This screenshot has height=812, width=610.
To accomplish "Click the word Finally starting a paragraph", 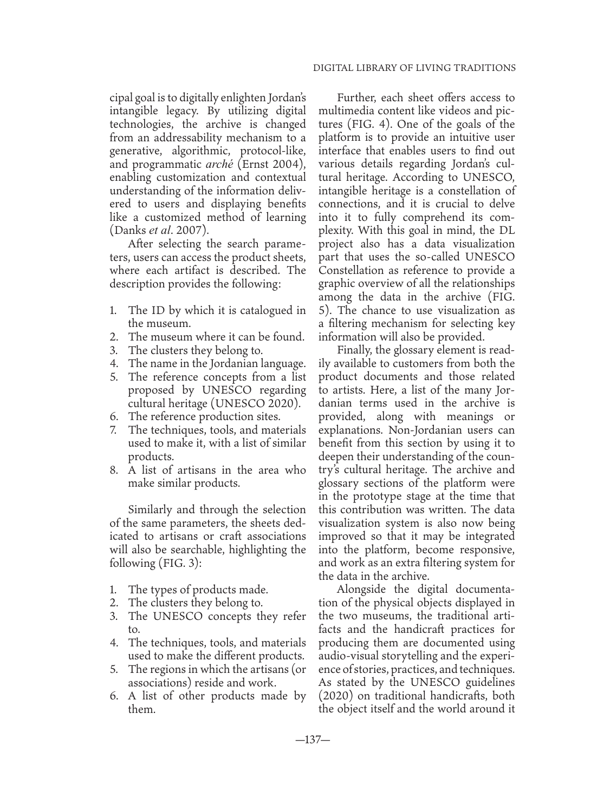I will coord(355,350).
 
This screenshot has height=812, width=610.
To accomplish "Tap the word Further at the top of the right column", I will coord(356,98).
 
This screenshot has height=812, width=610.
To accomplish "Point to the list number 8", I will coord(114,470).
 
